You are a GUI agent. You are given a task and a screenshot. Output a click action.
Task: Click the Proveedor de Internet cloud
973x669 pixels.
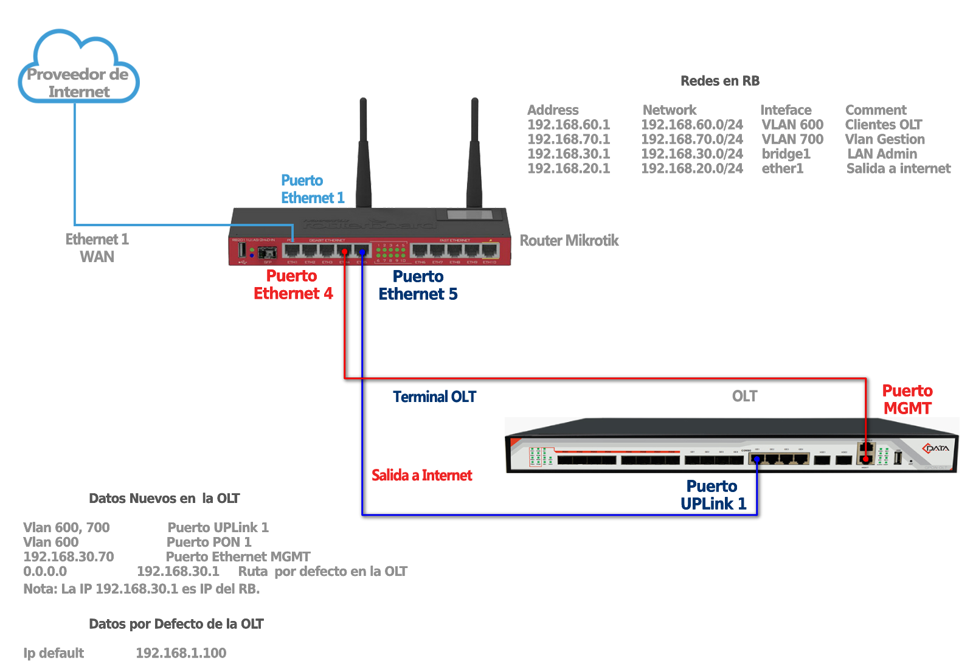click(78, 70)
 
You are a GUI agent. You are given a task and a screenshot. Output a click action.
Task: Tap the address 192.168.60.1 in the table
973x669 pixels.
click(569, 125)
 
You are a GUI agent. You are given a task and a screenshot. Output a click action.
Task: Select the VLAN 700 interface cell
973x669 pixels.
click(792, 139)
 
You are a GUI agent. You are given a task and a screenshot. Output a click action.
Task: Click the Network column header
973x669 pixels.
click(669, 110)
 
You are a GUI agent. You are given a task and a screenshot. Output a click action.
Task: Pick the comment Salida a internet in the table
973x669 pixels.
click(898, 168)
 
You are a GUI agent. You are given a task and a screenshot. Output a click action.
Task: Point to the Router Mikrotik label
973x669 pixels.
click(569, 241)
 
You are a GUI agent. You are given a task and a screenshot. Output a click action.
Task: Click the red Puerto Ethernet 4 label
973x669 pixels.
click(293, 285)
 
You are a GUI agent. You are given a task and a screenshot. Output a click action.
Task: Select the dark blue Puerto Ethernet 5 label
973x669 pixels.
click(418, 285)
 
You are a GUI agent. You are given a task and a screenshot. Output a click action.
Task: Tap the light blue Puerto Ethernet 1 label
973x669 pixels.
click(312, 189)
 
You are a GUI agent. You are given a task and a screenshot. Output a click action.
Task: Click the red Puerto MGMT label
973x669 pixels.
click(907, 400)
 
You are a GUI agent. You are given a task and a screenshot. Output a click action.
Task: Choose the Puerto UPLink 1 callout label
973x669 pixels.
click(713, 495)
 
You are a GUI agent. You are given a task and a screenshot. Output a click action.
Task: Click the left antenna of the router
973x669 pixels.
click(363, 152)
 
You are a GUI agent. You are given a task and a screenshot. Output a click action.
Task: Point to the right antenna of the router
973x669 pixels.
click(474, 152)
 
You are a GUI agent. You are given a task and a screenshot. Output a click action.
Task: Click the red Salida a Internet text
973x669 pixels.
click(421, 476)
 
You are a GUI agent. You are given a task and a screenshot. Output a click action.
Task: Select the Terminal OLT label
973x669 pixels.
click(434, 397)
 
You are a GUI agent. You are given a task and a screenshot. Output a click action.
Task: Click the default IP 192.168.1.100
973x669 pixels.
click(181, 653)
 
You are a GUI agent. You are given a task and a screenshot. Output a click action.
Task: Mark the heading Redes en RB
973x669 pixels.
click(720, 81)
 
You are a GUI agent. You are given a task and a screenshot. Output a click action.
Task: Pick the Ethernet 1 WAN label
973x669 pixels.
click(97, 248)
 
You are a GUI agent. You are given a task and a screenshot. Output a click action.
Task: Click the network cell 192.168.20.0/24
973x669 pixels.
click(692, 168)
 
